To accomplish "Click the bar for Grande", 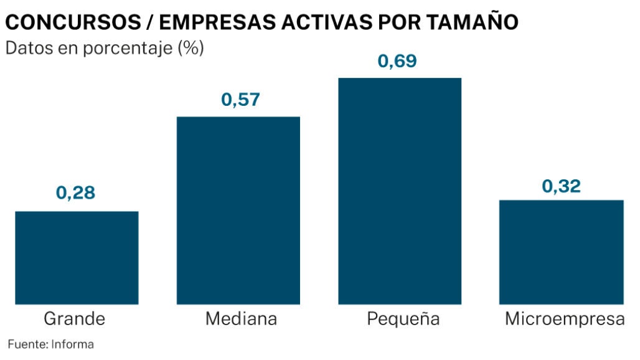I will click(x=77, y=258).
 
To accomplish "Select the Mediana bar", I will click(x=238, y=211).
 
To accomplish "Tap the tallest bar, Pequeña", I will click(x=400, y=191).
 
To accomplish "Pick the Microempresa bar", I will click(x=562, y=252).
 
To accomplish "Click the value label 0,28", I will click(x=76, y=193).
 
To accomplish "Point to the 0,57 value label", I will click(x=240, y=100).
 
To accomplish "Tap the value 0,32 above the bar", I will click(x=562, y=186).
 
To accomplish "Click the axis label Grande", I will click(x=75, y=320).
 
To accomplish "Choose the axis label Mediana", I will click(x=241, y=320).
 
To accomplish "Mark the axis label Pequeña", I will click(x=403, y=320).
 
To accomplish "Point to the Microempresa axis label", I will click(x=565, y=320).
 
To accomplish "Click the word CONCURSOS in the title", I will click(x=70, y=22).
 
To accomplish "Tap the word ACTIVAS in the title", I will click(x=331, y=22).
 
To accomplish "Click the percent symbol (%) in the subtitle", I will click(x=192, y=49).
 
